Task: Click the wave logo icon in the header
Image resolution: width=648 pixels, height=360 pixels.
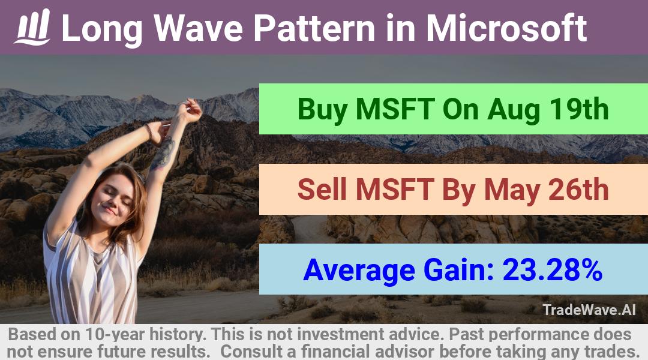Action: (32, 27)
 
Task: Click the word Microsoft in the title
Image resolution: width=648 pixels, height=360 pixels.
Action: (506, 28)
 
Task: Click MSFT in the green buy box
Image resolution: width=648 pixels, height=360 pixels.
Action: (395, 110)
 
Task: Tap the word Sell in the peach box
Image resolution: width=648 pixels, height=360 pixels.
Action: (322, 189)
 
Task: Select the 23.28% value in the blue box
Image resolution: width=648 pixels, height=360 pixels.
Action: (553, 269)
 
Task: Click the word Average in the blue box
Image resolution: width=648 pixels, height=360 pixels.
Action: (359, 269)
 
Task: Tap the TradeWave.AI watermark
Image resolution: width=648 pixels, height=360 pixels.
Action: (589, 310)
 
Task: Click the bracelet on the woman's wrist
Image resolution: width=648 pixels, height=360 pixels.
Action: (149, 131)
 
